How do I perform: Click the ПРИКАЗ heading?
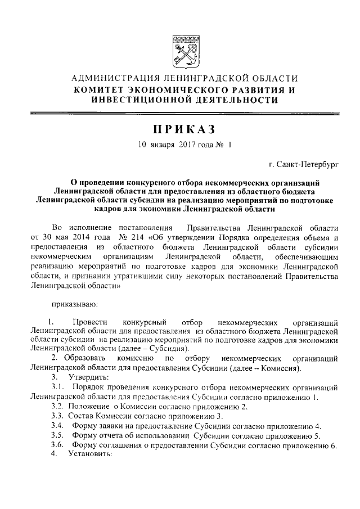[180, 129]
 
